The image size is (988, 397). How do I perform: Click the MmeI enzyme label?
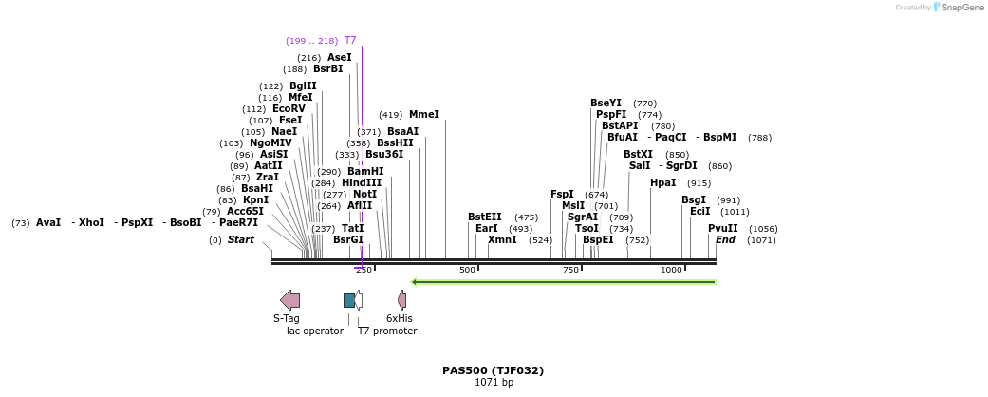pos(424,115)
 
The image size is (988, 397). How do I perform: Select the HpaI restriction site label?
pos(663,183)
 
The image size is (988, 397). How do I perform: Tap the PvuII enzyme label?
pos(722,229)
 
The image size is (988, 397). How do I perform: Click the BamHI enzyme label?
pos(365,172)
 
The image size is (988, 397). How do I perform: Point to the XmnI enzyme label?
pos(502,240)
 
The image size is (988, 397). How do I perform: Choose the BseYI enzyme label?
pos(606,104)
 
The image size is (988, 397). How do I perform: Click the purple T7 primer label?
pos(350,41)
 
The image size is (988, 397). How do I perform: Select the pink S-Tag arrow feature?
pos(289,300)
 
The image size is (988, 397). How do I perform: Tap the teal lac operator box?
pos(349,300)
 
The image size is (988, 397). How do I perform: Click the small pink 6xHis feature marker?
pos(401,300)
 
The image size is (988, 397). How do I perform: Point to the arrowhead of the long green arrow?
pos(415,281)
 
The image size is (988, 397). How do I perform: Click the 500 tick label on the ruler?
pos(467,271)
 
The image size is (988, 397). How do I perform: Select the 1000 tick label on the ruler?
pos(671,271)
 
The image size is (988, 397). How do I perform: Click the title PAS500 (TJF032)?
pos(493,370)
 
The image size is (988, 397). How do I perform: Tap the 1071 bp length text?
pos(494,383)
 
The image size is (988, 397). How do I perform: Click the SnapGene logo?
pos(959,8)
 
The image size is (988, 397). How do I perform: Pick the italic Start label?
pos(240,240)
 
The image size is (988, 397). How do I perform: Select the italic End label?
pos(725,240)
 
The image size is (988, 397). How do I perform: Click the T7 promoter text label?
pos(387,331)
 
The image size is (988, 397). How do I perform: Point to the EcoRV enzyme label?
pos(289,109)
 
